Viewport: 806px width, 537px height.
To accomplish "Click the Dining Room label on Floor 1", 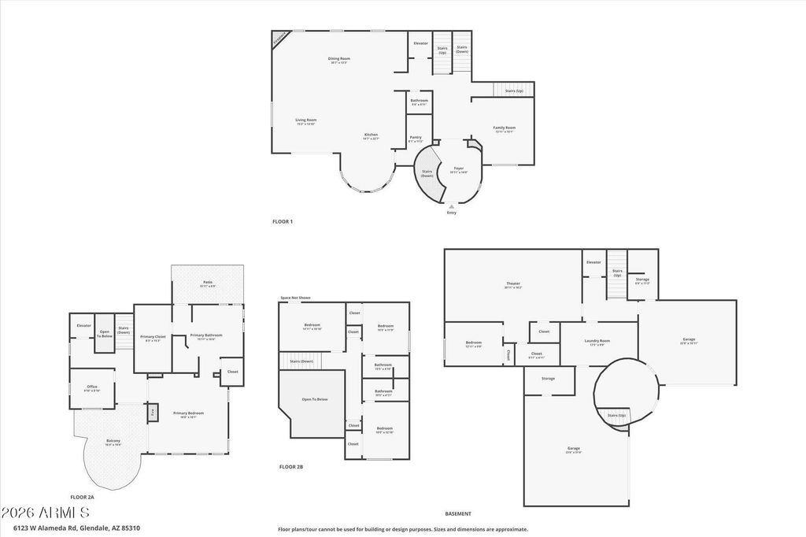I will [339, 58].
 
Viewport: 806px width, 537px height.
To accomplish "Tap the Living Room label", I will [305, 120].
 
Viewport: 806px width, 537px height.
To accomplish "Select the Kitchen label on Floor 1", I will [371, 135].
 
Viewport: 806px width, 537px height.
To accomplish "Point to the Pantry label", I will [416, 138].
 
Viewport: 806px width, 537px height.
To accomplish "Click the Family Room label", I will [504, 128].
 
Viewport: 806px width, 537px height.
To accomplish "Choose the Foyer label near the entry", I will [457, 169].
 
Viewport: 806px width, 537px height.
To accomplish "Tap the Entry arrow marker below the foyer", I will [451, 206].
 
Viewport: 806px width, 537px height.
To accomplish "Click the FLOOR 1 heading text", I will [282, 222].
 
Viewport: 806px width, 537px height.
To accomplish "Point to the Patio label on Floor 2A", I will [207, 282].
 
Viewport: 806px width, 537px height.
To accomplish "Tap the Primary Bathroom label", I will [206, 335].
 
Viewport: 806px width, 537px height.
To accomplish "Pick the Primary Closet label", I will [153, 337].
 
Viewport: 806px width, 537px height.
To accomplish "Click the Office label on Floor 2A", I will [92, 387].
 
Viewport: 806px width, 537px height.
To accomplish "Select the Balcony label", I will [113, 443].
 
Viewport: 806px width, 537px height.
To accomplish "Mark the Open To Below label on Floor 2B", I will [315, 399].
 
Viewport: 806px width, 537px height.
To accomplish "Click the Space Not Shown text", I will [295, 298].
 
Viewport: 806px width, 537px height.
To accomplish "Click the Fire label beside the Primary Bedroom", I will [152, 411].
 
